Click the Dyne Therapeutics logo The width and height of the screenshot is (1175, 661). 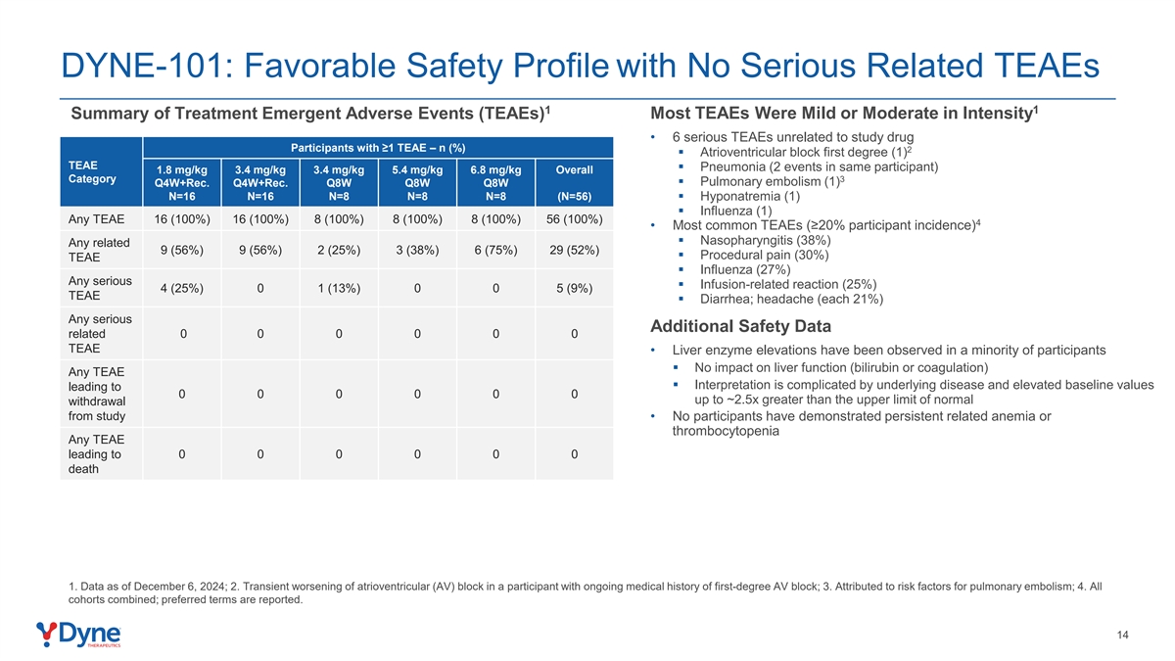click(x=78, y=635)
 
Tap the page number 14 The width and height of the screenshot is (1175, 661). click(x=1122, y=635)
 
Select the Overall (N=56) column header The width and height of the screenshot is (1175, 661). click(x=575, y=182)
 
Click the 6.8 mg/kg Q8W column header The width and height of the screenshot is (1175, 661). click(x=495, y=182)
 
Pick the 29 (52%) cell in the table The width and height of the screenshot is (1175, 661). click(x=575, y=251)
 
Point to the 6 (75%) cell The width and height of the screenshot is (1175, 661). click(x=495, y=251)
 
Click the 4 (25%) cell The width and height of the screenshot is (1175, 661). click(x=181, y=288)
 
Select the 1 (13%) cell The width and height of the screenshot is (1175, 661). click(x=339, y=288)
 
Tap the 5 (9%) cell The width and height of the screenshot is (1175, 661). click(x=575, y=288)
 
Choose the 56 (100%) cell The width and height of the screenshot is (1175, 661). click(x=575, y=219)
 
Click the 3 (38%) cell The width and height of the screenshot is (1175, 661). click(x=417, y=251)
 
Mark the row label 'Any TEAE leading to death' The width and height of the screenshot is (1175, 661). click(x=96, y=453)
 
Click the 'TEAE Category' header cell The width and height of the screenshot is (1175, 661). click(x=92, y=172)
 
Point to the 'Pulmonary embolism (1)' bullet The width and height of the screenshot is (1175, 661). click(x=773, y=181)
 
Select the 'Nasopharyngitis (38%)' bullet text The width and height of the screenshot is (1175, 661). click(x=766, y=240)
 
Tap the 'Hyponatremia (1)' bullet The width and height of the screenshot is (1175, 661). click(x=750, y=196)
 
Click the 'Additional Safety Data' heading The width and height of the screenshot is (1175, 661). click(x=740, y=326)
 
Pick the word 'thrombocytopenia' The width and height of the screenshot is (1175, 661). click(x=726, y=431)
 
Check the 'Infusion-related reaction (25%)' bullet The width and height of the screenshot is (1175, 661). click(x=788, y=284)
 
